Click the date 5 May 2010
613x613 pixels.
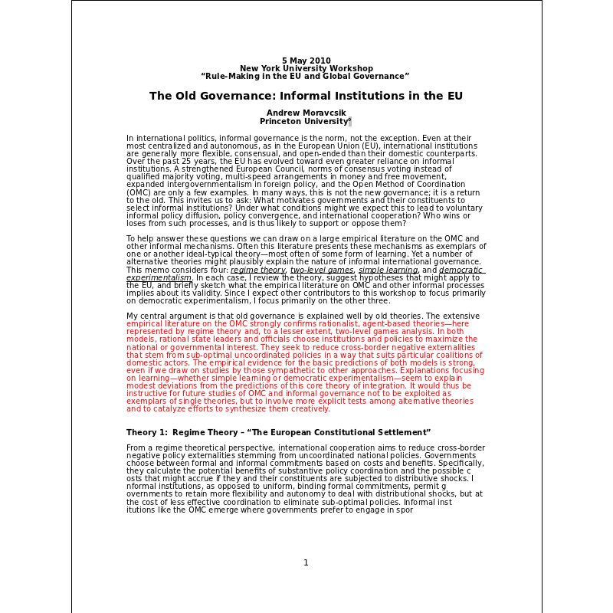306,61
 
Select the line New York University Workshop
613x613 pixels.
306,68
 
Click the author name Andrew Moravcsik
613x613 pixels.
306,113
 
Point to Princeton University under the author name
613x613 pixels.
304,121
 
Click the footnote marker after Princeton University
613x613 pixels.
350,120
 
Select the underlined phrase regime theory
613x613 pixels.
258,270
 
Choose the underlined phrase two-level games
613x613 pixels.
322,270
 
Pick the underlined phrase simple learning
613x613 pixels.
388,270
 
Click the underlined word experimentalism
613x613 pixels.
159,277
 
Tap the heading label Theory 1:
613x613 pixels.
146,432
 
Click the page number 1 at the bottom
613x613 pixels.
306,562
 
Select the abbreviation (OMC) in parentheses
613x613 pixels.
139,192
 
